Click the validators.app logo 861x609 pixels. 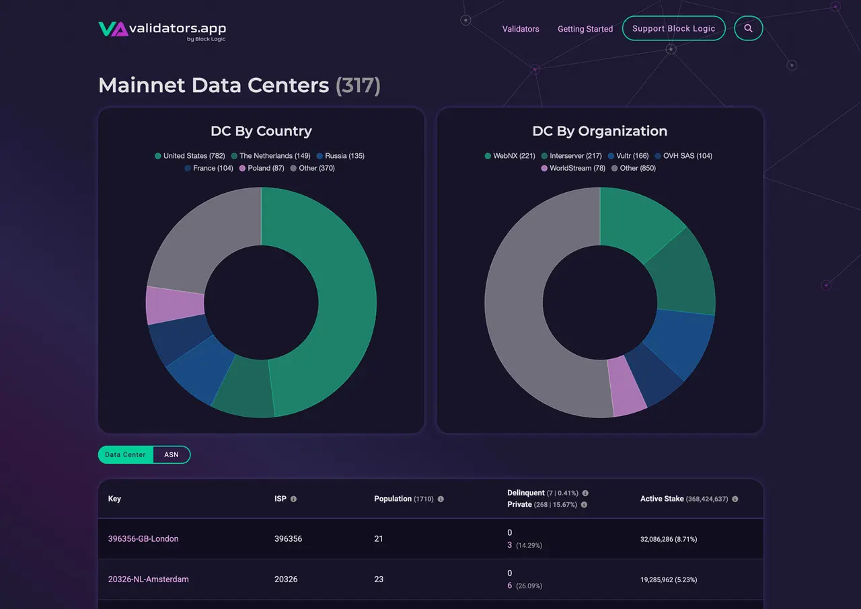pyautogui.click(x=162, y=30)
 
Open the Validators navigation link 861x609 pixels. pyautogui.click(x=521, y=29)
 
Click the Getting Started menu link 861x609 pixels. pyautogui.click(x=585, y=29)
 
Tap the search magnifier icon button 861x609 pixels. pyautogui.click(x=748, y=28)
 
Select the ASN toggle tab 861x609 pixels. pyautogui.click(x=172, y=454)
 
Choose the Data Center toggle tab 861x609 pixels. pyautogui.click(x=125, y=454)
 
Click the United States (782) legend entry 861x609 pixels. pyautogui.click(x=190, y=156)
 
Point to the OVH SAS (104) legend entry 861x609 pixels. pyautogui.click(x=683, y=156)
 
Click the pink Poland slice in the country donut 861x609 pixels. pyautogui.click(x=175, y=304)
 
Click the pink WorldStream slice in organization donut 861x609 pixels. pyautogui.click(x=627, y=387)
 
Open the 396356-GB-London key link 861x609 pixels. pyautogui.click(x=143, y=538)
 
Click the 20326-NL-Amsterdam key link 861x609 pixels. pyautogui.click(x=148, y=579)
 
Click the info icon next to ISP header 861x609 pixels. pyautogui.click(x=293, y=499)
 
